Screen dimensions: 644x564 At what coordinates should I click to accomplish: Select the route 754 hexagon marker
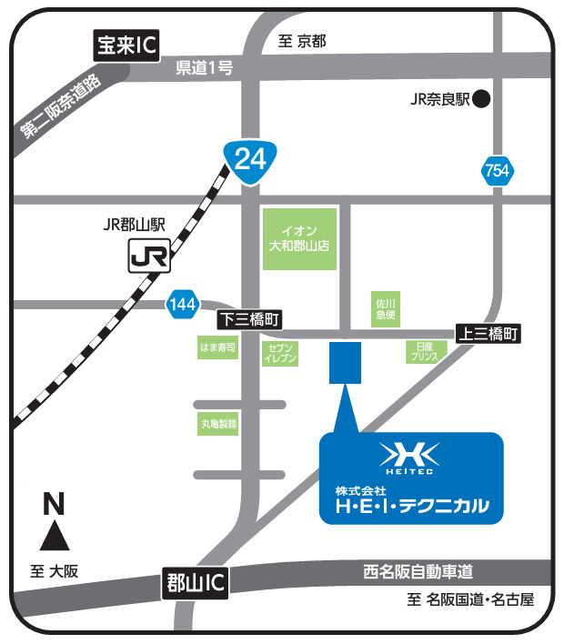click(498, 170)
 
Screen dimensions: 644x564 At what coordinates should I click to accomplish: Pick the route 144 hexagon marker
click(183, 306)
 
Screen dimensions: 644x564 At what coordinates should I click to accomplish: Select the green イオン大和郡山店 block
click(299, 238)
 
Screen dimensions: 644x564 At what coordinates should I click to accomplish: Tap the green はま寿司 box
click(218, 347)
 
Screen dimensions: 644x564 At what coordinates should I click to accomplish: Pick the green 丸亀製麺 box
click(218, 423)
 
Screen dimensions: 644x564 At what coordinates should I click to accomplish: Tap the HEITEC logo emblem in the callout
click(409, 452)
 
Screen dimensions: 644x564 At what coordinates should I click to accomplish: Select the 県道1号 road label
click(205, 68)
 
